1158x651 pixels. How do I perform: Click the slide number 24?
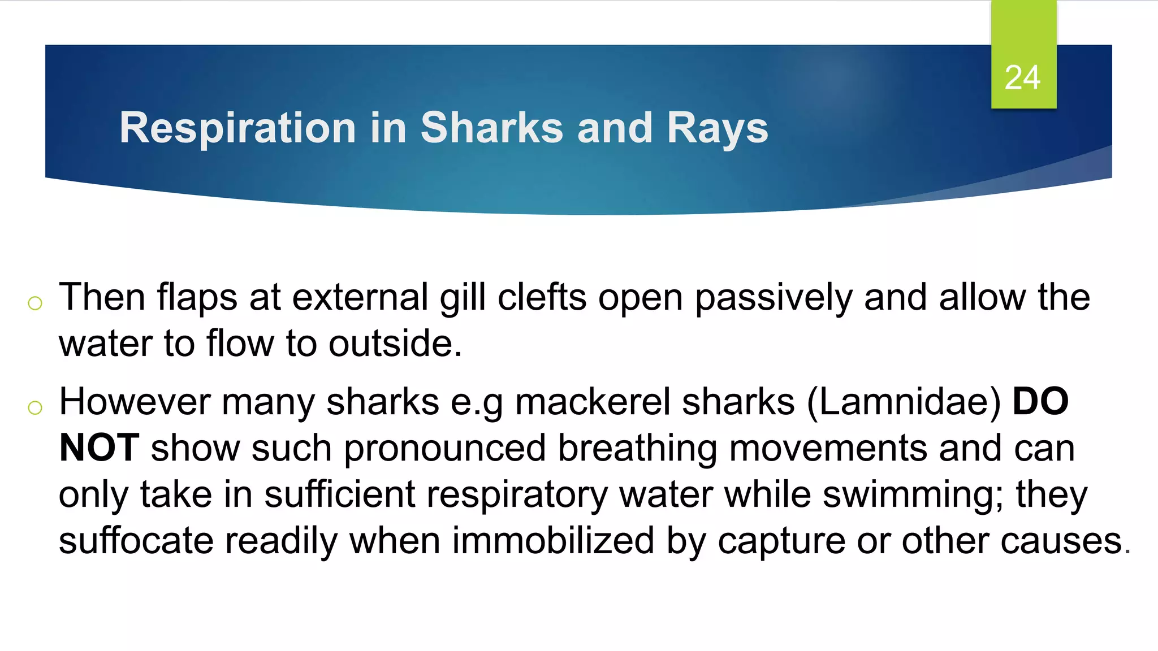[1022, 77]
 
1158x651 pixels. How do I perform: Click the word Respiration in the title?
[237, 128]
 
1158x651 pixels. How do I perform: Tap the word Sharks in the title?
[491, 128]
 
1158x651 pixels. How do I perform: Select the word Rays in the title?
[718, 128]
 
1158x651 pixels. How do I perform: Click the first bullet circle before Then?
[35, 303]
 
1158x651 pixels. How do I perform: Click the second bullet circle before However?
[35, 407]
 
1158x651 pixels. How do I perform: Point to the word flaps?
[196, 297]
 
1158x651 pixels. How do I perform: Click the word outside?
[395, 344]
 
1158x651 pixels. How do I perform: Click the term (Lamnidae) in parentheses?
[904, 402]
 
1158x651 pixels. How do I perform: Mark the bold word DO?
[1040, 402]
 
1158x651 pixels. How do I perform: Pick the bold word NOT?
[99, 448]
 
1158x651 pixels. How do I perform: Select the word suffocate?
[136, 541]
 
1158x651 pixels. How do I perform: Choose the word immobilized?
[553, 541]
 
